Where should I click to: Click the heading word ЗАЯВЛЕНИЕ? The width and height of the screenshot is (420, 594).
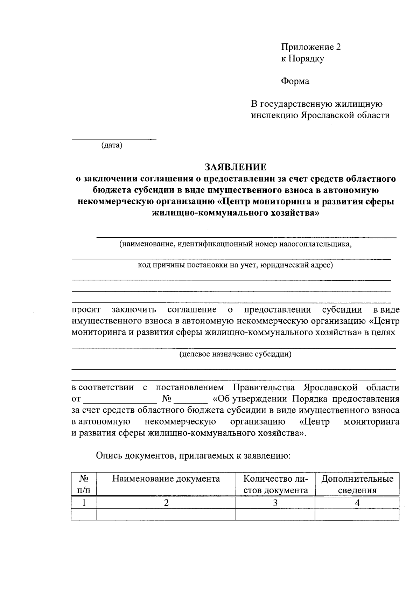point(236,167)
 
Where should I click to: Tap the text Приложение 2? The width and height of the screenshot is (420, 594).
point(311,47)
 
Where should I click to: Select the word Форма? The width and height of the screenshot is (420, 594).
point(295,81)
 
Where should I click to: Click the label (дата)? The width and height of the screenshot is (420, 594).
point(112,145)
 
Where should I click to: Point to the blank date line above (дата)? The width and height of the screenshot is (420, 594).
point(114,139)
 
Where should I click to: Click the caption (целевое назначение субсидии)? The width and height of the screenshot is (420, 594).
point(235,354)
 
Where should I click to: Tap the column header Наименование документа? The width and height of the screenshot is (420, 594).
point(166,478)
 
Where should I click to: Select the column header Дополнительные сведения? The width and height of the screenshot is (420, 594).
point(357,484)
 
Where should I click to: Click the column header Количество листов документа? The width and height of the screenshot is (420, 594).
point(275,484)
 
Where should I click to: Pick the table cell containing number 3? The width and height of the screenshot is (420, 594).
point(275,503)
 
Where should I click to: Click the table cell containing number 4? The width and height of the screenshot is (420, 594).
point(357,503)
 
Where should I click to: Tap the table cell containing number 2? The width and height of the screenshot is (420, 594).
point(166,503)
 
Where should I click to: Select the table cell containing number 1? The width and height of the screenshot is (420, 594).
point(84,503)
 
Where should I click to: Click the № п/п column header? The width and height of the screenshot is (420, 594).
point(84,484)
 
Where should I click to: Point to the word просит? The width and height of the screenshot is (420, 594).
point(86,309)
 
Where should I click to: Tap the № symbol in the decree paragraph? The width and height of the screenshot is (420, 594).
point(166,399)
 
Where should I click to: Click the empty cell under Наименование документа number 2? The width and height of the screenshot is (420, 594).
point(166,514)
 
